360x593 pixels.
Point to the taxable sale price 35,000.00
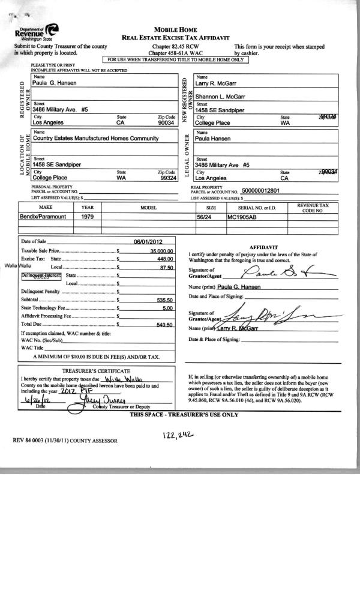click(x=161, y=251)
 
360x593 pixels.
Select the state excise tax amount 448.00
click(x=164, y=259)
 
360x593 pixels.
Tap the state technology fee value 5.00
click(x=167, y=308)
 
